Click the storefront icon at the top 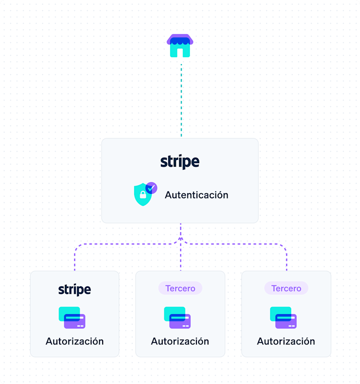[x=180, y=46]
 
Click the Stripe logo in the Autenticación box [x=180, y=162]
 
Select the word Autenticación [x=196, y=195]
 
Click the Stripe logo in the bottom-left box [x=75, y=290]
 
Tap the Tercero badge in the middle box [x=180, y=288]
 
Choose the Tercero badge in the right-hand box [x=286, y=288]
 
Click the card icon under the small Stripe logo [x=72, y=317]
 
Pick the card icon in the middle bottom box [x=177, y=317]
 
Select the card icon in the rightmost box [x=283, y=317]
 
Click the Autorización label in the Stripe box [x=75, y=341]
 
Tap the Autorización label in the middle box [x=180, y=341]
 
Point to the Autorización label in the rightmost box [x=286, y=341]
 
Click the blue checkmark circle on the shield [x=152, y=188]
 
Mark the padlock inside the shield [x=143, y=195]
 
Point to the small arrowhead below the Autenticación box [x=180, y=239]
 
